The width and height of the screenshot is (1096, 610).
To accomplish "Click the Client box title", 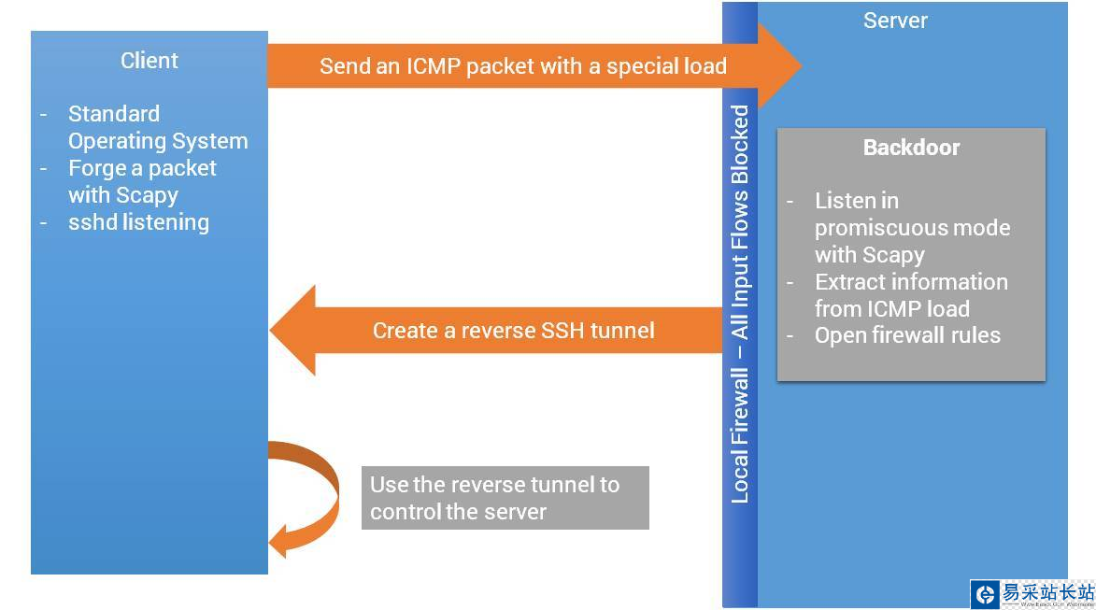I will [x=149, y=61].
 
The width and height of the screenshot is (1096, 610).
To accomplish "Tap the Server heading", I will [x=895, y=21].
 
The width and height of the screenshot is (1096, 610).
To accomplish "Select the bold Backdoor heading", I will [x=911, y=148].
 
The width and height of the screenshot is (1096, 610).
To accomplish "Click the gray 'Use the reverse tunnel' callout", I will [x=505, y=498].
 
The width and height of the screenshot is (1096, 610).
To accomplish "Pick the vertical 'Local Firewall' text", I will [x=740, y=434].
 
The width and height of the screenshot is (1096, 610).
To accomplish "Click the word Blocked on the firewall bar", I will [x=740, y=145].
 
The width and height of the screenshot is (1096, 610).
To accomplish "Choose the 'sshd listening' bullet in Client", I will [x=138, y=222].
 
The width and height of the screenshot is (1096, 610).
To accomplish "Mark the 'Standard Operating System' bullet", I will [x=157, y=127].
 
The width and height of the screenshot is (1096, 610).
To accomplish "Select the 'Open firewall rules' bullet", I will [x=906, y=335].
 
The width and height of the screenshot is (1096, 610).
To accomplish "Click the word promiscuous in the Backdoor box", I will [x=912, y=228].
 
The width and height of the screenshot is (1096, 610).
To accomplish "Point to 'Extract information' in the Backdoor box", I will [x=910, y=282].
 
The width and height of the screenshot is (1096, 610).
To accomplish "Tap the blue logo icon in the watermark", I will [x=985, y=594].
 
